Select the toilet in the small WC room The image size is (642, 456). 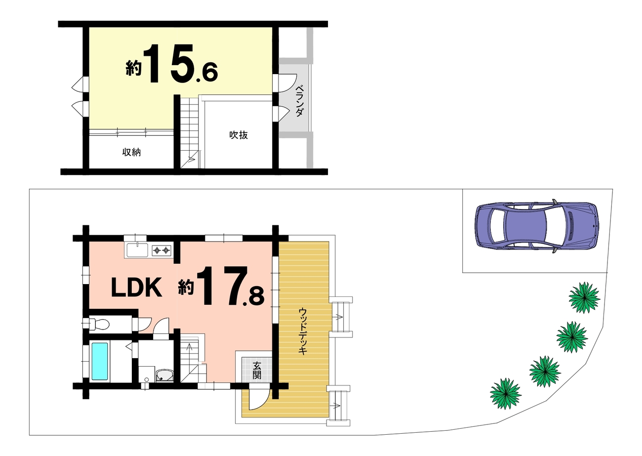pyautogui.click(x=99, y=324)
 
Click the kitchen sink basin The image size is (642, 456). pyautogui.click(x=137, y=250)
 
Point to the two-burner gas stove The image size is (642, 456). pyautogui.click(x=161, y=250)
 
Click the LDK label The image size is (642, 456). pyautogui.click(x=137, y=288)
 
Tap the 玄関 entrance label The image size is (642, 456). pyautogui.click(x=257, y=370)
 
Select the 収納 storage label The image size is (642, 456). pyautogui.click(x=131, y=152)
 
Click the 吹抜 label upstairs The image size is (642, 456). pyautogui.click(x=239, y=135)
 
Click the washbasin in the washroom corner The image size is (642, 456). pyautogui.click(x=165, y=375)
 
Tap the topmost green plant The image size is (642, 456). pyautogui.click(x=584, y=297)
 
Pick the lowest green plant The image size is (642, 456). pyautogui.click(x=506, y=393)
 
